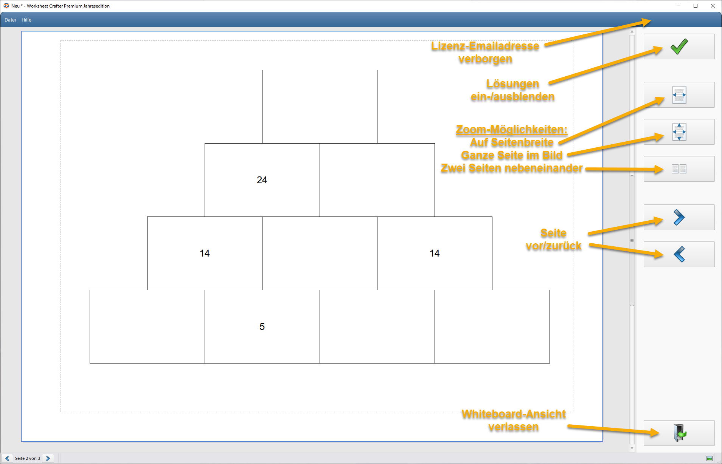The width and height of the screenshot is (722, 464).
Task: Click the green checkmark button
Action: pyautogui.click(x=679, y=46)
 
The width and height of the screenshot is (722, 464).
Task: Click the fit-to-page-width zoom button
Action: pyautogui.click(x=679, y=95)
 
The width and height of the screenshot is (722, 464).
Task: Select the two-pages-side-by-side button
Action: pyautogui.click(x=679, y=169)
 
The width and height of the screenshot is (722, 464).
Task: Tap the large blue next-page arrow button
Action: pyautogui.click(x=679, y=217)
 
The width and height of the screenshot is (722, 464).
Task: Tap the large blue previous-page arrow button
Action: pyautogui.click(x=679, y=254)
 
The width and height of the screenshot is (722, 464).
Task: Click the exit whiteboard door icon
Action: pyautogui.click(x=679, y=433)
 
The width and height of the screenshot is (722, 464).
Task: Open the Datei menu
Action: pyautogui.click(x=10, y=20)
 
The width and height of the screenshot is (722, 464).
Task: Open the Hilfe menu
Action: pyautogui.click(x=26, y=20)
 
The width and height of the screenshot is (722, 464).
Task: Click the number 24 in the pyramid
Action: pyautogui.click(x=262, y=180)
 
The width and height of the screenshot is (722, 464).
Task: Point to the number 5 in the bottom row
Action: pyautogui.click(x=262, y=326)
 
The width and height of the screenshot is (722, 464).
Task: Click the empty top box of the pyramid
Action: pyautogui.click(x=320, y=107)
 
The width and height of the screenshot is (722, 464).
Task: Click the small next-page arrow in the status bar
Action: pyautogui.click(x=48, y=458)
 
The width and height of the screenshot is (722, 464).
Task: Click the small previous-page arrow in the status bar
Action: pyautogui.click(x=7, y=458)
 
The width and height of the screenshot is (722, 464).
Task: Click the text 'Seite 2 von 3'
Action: pyautogui.click(x=28, y=458)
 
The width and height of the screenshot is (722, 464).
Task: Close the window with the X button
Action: pyautogui.click(x=713, y=6)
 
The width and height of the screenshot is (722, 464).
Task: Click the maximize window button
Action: pyautogui.click(x=696, y=6)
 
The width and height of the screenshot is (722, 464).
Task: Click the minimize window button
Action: pyautogui.click(x=679, y=6)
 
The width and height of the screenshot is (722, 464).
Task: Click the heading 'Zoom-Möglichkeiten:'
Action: pyautogui.click(x=512, y=130)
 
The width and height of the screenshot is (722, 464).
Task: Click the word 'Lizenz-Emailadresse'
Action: pyautogui.click(x=485, y=46)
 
